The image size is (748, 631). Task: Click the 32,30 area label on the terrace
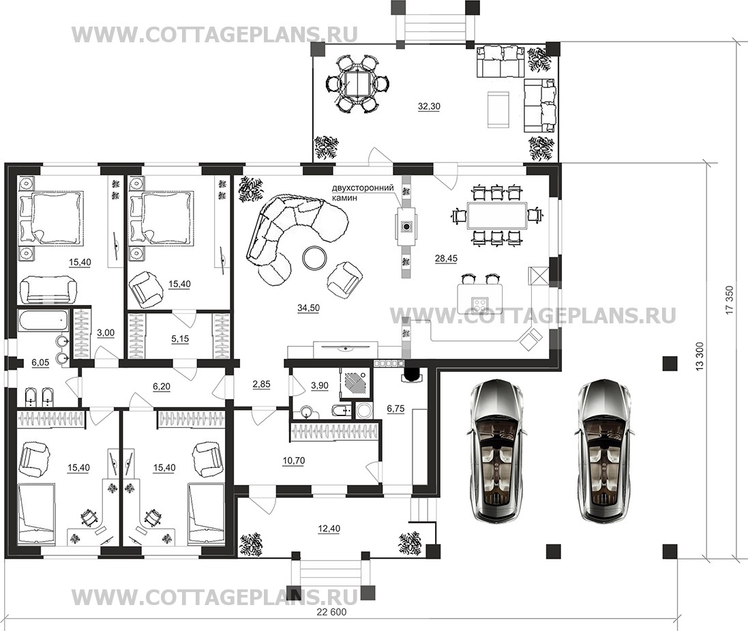(429, 106)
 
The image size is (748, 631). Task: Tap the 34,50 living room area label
(308, 308)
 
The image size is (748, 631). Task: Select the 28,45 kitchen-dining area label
(446, 259)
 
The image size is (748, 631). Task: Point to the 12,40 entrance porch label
(329, 529)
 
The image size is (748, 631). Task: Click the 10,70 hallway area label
(294, 460)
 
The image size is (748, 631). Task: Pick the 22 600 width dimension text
(331, 613)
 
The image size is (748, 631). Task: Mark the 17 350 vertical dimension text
(728, 299)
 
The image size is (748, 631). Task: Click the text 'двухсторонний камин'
(363, 192)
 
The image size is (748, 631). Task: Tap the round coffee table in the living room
(315, 258)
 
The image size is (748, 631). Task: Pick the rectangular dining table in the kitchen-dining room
(496, 216)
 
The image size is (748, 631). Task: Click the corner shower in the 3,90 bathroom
(355, 382)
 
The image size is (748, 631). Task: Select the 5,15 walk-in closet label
(180, 339)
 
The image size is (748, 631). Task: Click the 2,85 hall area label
(261, 385)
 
